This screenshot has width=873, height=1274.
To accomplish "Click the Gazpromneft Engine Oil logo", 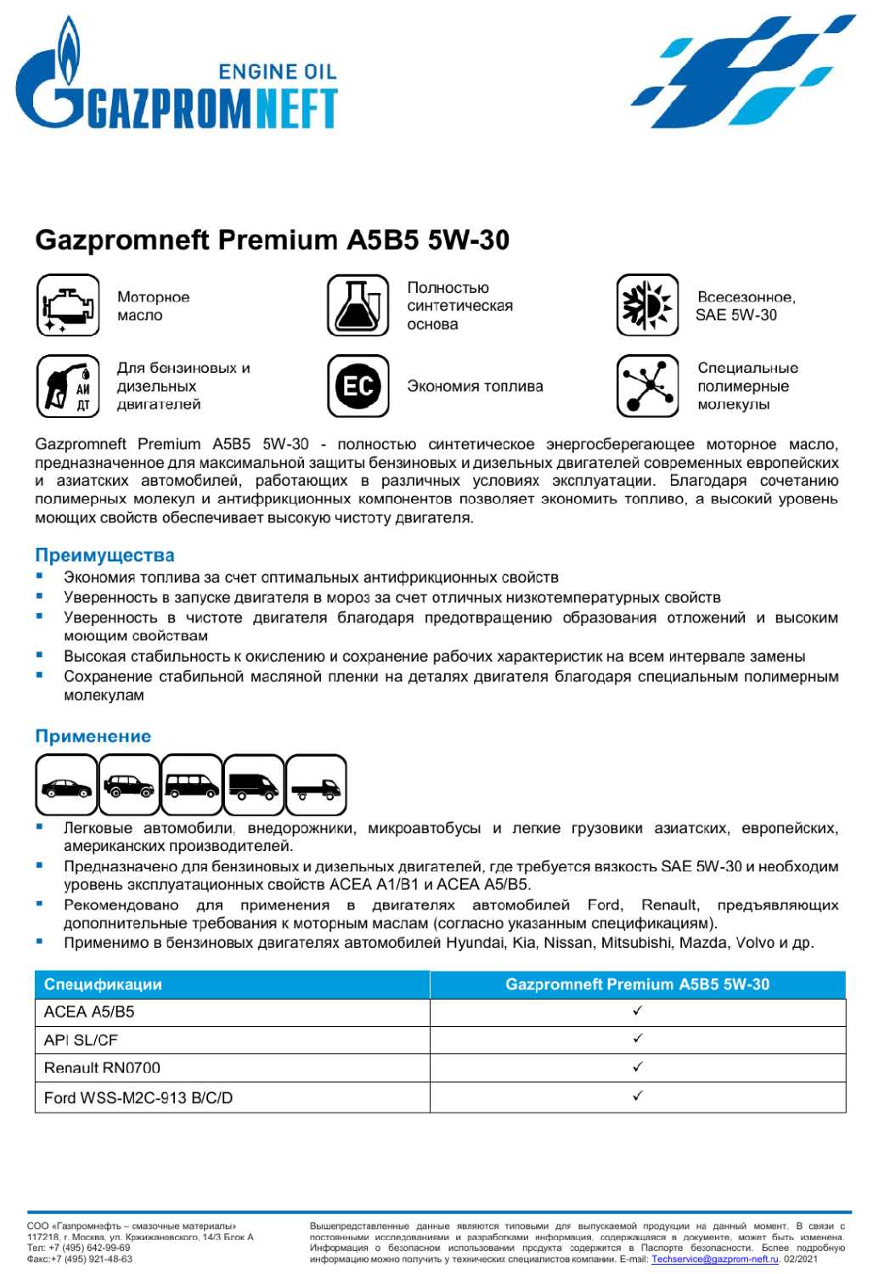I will [177, 81].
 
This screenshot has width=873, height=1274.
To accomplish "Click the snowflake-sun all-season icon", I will [648, 305].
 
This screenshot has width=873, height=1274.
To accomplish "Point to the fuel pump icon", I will [68, 386].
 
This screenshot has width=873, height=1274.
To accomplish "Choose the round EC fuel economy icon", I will [358, 386].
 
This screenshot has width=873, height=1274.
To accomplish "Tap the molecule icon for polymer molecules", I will [648, 386].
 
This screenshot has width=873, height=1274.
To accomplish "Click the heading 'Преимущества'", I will [104, 555].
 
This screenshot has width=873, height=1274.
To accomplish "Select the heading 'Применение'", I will [93, 736].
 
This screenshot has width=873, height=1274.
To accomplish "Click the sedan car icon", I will [66, 786].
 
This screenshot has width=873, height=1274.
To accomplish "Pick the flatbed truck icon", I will [316, 786].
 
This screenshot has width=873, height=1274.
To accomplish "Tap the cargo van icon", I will [254, 786].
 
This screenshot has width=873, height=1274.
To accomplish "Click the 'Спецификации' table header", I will [103, 984].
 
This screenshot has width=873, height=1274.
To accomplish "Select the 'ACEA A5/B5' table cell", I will [89, 1012].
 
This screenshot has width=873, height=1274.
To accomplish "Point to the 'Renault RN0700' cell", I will [102, 1068].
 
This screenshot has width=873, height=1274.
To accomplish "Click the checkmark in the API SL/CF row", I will [638, 1039].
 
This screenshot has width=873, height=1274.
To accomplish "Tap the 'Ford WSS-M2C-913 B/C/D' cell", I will [138, 1097].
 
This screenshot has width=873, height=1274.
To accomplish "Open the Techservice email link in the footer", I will [714, 1259].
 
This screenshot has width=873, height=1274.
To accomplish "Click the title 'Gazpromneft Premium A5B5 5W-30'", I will [272, 240].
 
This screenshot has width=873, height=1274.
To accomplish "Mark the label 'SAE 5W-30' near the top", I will [736, 315].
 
